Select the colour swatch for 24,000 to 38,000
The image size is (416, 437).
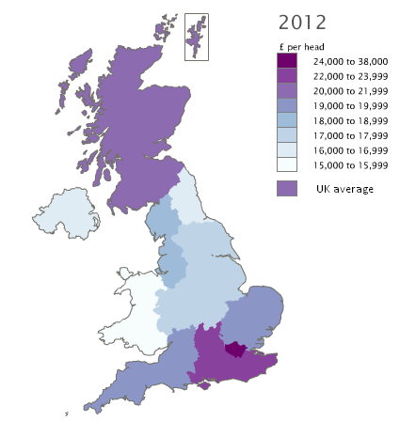click(288, 62)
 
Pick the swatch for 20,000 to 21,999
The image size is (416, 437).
click(288, 91)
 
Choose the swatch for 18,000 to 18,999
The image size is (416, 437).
click(288, 120)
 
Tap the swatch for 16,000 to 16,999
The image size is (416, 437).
click(288, 149)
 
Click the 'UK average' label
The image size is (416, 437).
click(345, 189)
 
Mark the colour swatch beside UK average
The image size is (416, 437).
click(288, 188)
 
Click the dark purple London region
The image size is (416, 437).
click(236, 350)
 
